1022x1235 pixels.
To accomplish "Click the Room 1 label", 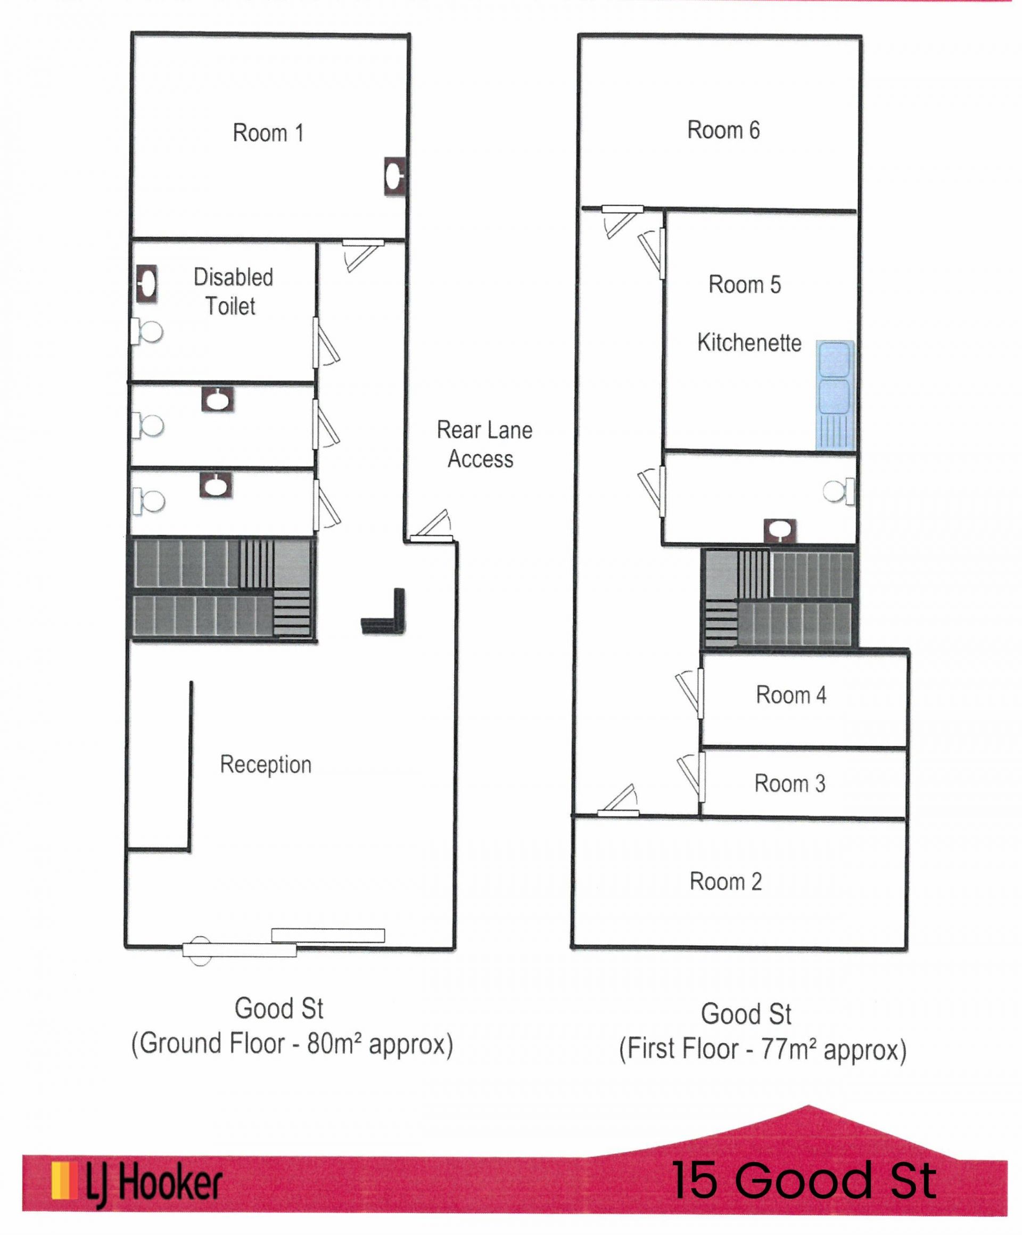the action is point(268,133).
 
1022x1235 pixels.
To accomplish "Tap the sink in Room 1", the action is point(395,176).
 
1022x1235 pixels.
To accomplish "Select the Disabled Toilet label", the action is point(233,292).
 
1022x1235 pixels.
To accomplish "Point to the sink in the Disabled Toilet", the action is point(147,284).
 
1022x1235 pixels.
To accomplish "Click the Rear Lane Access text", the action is point(484,444).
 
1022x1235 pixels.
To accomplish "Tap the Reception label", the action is point(266,765).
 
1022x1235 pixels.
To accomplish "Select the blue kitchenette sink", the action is point(835,395).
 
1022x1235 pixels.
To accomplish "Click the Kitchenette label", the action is point(749,342).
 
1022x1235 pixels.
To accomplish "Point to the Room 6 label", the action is point(723,130).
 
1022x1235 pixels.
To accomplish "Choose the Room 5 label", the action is point(745,284).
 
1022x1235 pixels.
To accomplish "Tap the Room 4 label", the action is point(791,695).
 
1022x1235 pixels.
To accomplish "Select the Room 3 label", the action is point(790,783).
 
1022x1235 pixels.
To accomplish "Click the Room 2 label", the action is point(726,881).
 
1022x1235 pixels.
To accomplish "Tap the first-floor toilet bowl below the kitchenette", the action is point(839,491).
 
